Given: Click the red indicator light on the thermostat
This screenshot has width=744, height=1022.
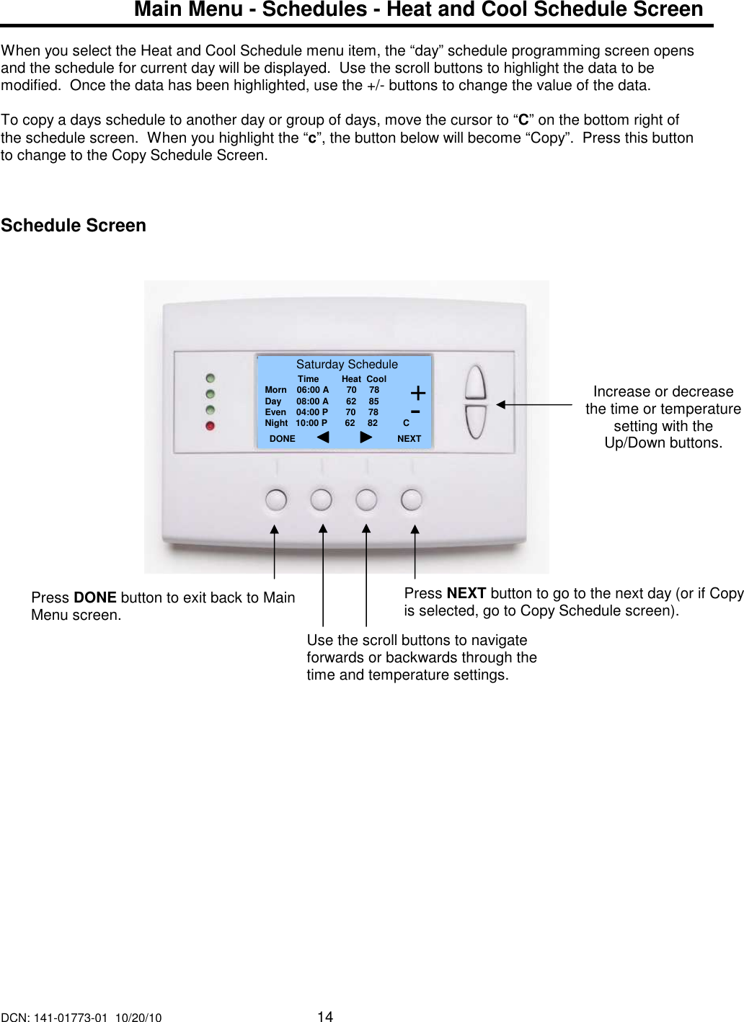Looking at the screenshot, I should [210, 426].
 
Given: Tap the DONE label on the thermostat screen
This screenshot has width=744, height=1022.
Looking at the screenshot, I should [282, 439].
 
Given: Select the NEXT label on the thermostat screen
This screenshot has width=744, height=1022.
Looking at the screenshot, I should [409, 439].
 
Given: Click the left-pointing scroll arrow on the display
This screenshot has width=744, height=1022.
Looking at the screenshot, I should [323, 437].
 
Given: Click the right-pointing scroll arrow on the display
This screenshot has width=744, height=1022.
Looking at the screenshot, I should [366, 437].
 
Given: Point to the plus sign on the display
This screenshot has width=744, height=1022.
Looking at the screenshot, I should [417, 394].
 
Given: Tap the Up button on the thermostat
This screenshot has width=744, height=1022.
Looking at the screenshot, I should [476, 382].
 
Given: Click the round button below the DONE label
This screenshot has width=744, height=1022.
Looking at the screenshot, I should [276, 499].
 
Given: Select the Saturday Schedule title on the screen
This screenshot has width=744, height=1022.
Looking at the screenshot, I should [347, 365].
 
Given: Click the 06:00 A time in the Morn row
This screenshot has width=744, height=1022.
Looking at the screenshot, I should [312, 390].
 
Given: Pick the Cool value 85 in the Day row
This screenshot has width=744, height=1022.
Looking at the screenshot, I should [373, 401].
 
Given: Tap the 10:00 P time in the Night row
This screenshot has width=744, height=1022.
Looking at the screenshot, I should [311, 423].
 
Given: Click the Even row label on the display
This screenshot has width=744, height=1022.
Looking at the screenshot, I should [275, 412].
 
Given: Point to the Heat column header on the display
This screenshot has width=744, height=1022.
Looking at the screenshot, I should [351, 379].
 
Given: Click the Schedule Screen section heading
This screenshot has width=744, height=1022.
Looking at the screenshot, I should [74, 226].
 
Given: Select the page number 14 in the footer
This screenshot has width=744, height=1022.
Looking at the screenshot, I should [325, 1016].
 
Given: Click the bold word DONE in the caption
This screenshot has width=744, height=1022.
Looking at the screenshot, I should [95, 597].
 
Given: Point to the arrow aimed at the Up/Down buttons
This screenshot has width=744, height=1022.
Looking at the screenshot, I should [533, 405].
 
